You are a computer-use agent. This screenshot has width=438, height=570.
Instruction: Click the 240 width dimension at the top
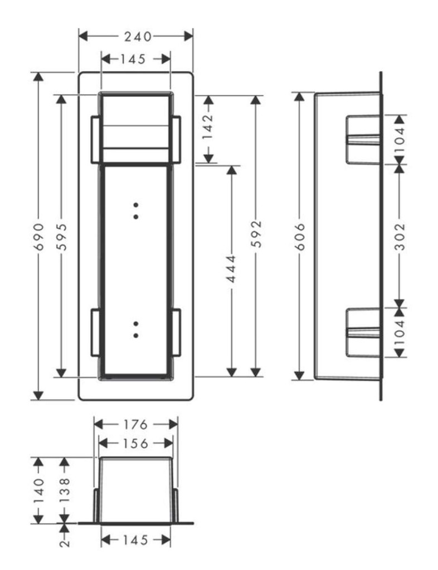[138, 36]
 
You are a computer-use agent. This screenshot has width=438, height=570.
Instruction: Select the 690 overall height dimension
[38, 237]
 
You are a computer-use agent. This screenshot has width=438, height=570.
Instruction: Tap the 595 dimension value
[62, 237]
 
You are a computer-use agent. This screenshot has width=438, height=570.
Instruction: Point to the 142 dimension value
[208, 127]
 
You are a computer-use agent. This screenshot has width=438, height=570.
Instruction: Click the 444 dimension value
[231, 269]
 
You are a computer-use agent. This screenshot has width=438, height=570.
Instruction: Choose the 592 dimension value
[257, 234]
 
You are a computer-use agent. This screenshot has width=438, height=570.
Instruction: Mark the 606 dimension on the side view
[300, 237]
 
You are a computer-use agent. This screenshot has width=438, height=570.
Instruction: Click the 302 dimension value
[400, 237]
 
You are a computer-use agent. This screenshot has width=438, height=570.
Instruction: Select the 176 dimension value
[135, 425]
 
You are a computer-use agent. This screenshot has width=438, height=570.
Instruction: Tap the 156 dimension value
[135, 444]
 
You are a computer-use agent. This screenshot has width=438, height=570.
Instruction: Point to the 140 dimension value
[38, 491]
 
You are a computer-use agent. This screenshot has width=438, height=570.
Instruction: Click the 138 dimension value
[64, 491]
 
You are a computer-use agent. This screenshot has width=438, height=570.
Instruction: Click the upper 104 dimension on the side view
[400, 136]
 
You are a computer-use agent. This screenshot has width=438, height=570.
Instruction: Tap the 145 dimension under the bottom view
[135, 540]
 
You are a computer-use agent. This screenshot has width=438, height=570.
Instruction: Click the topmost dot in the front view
[136, 205]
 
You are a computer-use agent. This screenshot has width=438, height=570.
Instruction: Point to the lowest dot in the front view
[136, 336]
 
